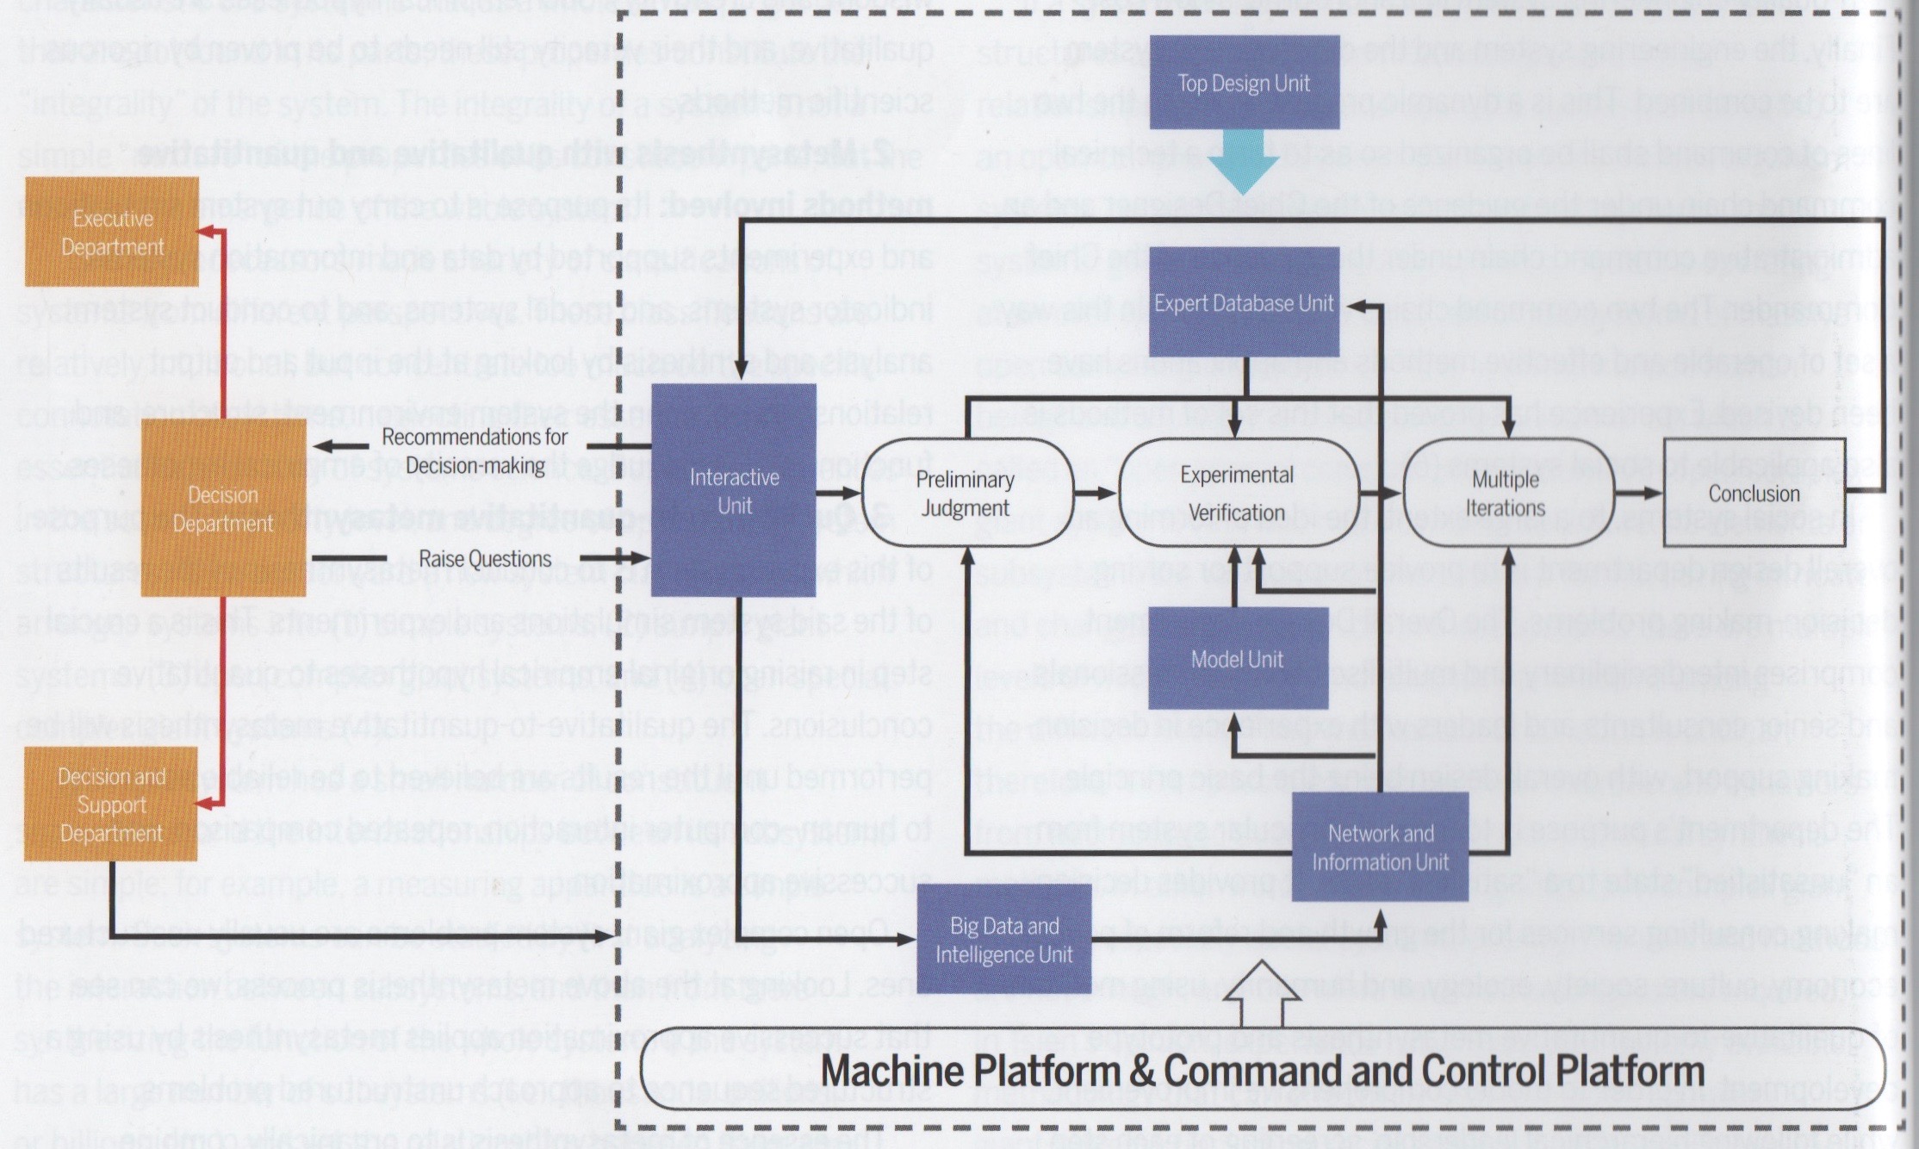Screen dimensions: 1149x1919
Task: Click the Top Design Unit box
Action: pos(1244,83)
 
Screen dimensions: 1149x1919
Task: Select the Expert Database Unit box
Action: pos(1244,303)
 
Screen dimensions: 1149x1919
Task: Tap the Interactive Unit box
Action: pos(733,491)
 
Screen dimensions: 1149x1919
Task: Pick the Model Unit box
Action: pos(1237,659)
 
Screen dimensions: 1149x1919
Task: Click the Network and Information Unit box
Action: pos(1380,848)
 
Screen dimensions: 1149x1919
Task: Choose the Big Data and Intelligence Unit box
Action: pos(1003,940)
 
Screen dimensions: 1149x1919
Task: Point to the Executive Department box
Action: pos(112,233)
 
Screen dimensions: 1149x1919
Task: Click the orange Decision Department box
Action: pos(223,508)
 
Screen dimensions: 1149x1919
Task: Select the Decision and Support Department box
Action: pos(111,804)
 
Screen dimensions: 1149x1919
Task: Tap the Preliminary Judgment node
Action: pos(966,494)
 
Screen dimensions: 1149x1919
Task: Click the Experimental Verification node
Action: pos(1237,494)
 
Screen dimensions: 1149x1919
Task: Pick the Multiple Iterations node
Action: pos(1506,494)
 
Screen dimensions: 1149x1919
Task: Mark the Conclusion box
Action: pos(1754,494)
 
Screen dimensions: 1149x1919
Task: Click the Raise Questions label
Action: pos(485,559)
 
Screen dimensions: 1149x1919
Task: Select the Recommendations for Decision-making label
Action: pos(475,450)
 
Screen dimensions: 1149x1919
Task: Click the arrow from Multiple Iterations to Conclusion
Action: pos(1638,494)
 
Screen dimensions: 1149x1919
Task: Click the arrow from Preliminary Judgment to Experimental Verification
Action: pos(1096,494)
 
